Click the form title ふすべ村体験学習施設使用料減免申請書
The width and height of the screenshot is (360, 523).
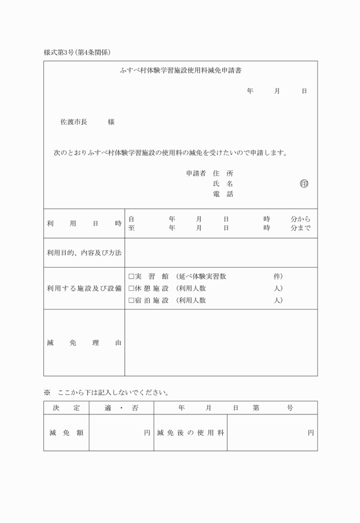pyautogui.click(x=180, y=71)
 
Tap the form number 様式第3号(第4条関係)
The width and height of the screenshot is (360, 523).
pyautogui.click(x=77, y=52)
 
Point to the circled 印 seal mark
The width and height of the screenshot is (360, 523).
pyautogui.click(x=303, y=183)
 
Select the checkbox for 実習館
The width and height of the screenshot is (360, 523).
pyautogui.click(x=131, y=276)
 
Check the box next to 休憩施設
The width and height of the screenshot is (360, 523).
pyautogui.click(x=131, y=288)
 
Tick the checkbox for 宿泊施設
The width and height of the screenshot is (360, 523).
pyautogui.click(x=131, y=300)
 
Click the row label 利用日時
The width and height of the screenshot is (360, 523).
pyautogui.click(x=84, y=224)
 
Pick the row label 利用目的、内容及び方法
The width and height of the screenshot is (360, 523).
pyautogui.click(x=84, y=252)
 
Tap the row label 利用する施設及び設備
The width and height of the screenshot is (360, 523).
pyautogui.click(x=84, y=288)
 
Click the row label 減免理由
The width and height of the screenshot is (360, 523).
pyautogui.click(x=84, y=343)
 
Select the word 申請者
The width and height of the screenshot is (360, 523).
pyautogui.click(x=195, y=173)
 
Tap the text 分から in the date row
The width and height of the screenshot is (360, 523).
pyautogui.click(x=300, y=219)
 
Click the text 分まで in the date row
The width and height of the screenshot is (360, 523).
pyautogui.click(x=300, y=228)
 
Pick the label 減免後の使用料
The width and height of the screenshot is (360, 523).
pyautogui.click(x=190, y=433)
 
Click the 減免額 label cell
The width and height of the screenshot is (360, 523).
pyautogui.click(x=66, y=433)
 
